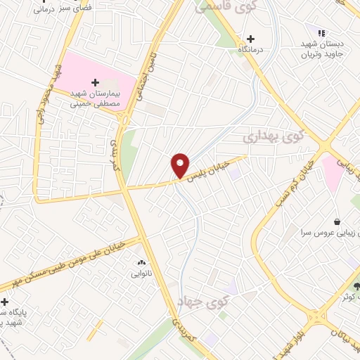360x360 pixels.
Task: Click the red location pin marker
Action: tap(180, 165)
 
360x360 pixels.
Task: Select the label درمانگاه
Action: tap(251, 51)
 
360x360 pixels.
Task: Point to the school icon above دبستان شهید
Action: tap(321, 33)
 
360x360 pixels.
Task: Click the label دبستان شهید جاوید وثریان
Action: tap(320, 49)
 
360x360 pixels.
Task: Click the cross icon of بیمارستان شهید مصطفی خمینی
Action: tap(96, 82)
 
